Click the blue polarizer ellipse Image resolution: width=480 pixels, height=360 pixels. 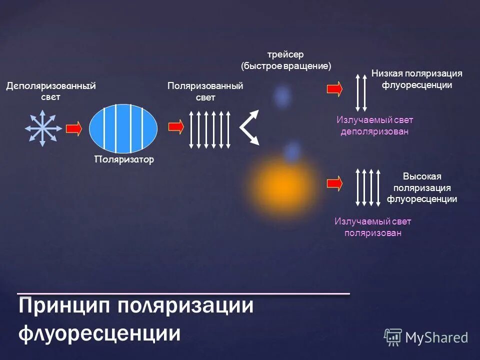pyautogui.click(x=123, y=127)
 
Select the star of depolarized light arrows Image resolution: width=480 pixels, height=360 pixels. pyautogui.click(x=43, y=128)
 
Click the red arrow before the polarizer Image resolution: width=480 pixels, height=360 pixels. pyautogui.click(x=73, y=128)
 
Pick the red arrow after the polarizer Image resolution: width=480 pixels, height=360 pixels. pyautogui.click(x=176, y=127)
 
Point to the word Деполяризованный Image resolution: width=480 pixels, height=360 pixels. pyautogui.click(x=51, y=86)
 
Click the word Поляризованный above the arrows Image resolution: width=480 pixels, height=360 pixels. pyautogui.click(x=205, y=86)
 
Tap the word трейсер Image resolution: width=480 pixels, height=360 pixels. pyautogui.click(x=285, y=54)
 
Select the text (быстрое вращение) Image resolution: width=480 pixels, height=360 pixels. pyautogui.click(x=286, y=66)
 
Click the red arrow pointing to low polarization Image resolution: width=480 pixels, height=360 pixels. pyautogui.click(x=334, y=88)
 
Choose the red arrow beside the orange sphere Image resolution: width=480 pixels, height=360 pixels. pyautogui.click(x=334, y=182)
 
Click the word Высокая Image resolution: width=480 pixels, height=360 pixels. pyautogui.click(x=422, y=176)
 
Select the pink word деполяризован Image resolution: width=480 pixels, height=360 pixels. pyautogui.click(x=374, y=131)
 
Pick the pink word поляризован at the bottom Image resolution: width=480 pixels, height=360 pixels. pyautogui.click(x=373, y=233)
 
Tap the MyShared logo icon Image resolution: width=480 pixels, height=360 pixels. pyautogui.click(x=392, y=337)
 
